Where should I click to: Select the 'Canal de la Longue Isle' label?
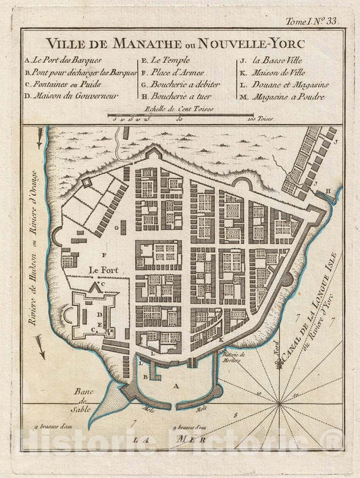pos(316,306)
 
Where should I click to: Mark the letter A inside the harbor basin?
pos(176,383)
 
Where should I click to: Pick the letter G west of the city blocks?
pos(115,229)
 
